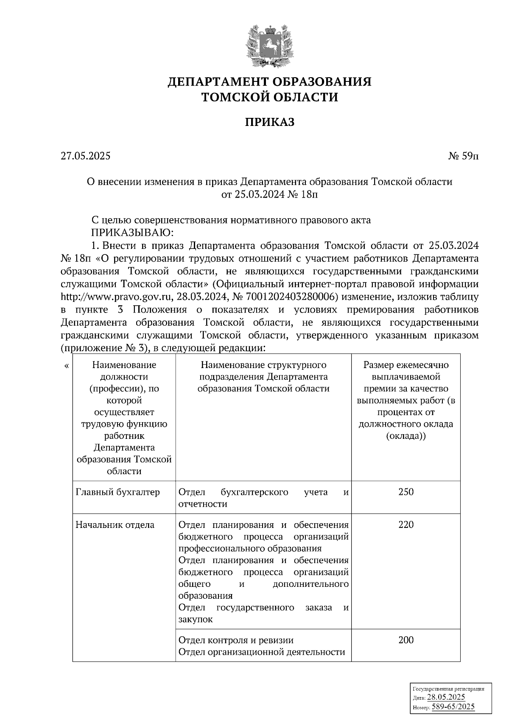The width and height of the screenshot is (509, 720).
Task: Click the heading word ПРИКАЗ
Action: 269,123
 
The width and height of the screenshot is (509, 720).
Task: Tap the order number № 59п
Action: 464,156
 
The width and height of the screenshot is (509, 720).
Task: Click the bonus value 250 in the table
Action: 406,492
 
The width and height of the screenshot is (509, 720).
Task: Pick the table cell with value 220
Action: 406,525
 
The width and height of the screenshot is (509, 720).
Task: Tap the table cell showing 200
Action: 406,640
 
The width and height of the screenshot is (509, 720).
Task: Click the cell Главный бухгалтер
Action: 117,492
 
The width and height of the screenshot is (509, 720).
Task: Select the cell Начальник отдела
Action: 115,525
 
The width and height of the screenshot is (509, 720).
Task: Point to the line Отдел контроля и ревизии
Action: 236,640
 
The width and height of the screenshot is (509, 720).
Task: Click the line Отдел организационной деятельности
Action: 262,652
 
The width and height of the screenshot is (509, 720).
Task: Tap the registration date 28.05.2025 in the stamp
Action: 446,698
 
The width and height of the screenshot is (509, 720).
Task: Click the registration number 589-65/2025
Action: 453,707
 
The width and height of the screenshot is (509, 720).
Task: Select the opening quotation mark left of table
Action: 66,366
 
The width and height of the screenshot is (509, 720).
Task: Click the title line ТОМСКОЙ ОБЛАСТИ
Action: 269,98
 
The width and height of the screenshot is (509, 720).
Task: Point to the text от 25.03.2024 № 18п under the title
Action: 269,195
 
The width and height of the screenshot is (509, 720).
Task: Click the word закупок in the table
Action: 196,620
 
